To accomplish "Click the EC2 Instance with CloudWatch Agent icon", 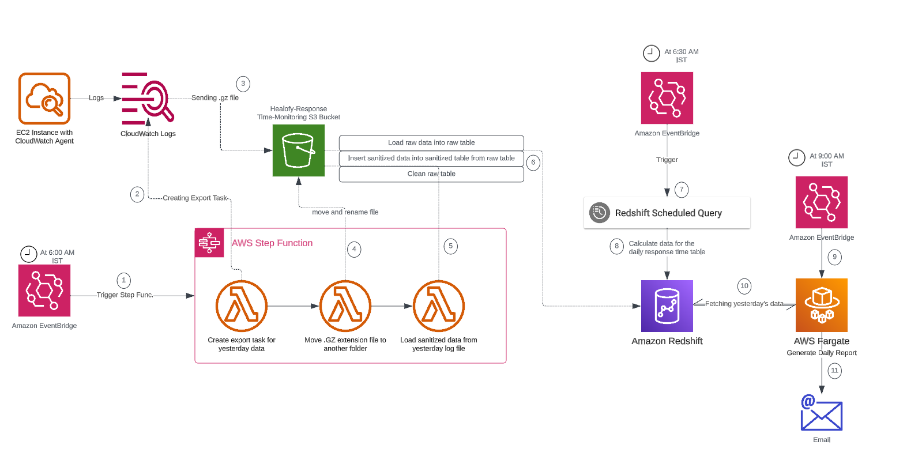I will coord(44,99).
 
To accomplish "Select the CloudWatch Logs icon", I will coord(148,99).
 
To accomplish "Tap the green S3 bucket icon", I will coord(299,150).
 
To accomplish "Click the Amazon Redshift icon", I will coord(667,306).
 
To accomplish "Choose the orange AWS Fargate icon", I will coord(822,306).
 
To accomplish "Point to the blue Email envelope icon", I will coord(822,413).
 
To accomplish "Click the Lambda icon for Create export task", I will coord(242,306).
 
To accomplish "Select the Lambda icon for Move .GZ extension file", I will coord(345,306).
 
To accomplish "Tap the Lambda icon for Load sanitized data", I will coord(439,306).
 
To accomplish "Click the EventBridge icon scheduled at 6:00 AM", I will coord(44,291).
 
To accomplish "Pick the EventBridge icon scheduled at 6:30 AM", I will coord(667,98).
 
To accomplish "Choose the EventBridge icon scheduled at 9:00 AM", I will coord(822,202).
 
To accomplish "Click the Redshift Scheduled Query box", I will coord(667,213).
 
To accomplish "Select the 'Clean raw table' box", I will coord(431,174).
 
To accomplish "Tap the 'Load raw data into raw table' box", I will coord(431,142).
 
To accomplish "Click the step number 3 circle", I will coord(243,84).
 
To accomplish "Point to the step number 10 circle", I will coord(744,286).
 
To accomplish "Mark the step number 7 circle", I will coord(682,190).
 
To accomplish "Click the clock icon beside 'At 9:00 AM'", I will coord(797,157).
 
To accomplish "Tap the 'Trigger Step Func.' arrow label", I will coord(125,295).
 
